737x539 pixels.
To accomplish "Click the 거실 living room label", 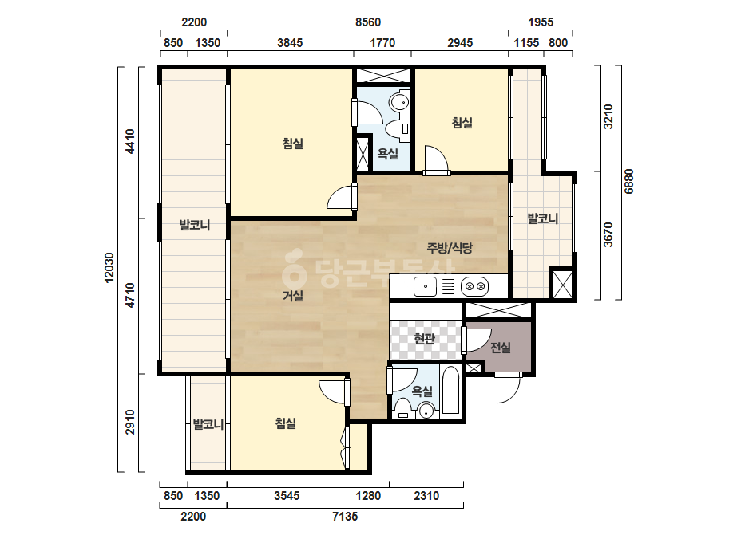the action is point(293,296).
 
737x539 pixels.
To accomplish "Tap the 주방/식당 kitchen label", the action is point(450,248).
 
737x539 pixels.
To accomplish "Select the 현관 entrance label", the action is point(425,338).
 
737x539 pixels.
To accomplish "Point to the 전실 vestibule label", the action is point(501,348).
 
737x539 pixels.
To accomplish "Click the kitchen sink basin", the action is point(425,286).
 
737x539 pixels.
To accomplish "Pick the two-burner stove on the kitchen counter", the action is point(475,286).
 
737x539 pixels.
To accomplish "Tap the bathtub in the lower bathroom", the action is point(451,391).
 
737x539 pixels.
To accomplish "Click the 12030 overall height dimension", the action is point(109,268).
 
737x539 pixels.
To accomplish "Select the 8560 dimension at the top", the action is point(368,22).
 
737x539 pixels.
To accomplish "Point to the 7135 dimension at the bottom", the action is point(345,517).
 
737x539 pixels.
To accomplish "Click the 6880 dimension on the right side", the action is point(629,181).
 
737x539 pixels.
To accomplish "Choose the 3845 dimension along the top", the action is point(290,43).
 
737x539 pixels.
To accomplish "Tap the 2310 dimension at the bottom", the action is point(426,496).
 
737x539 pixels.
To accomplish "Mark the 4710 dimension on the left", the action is point(130,295).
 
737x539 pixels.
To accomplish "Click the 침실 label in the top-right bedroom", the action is point(462,123).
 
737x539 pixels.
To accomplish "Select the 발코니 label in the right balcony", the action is point(542,218).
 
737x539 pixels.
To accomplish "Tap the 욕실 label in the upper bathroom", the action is point(388,154).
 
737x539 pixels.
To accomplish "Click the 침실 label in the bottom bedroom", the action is point(286,423).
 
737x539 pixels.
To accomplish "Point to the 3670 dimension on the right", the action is point(608,234).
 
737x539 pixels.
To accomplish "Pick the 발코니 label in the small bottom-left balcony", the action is point(208,424).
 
